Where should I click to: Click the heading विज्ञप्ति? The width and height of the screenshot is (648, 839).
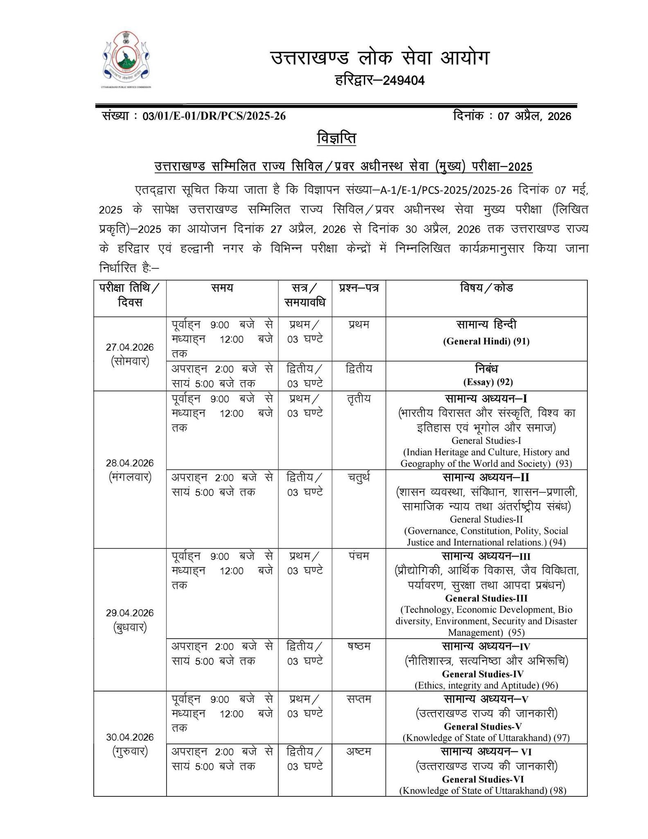pyautogui.click(x=336, y=138)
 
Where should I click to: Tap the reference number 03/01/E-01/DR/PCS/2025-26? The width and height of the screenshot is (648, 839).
pyautogui.click(x=214, y=116)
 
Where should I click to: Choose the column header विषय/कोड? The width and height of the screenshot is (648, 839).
pyautogui.click(x=486, y=288)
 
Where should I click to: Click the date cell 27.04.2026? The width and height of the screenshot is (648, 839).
pyautogui.click(x=130, y=347)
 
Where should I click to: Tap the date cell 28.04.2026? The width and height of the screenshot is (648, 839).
pyautogui.click(x=130, y=463)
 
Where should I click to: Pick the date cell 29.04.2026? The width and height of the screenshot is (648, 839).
pyautogui.click(x=130, y=613)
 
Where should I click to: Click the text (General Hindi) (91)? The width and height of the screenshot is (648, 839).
pyautogui.click(x=486, y=341)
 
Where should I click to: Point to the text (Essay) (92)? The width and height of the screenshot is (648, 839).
pyautogui.click(x=488, y=382)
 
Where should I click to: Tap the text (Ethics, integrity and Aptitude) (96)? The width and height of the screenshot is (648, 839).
pyautogui.click(x=486, y=685)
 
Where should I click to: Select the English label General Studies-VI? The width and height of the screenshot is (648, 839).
pyautogui.click(x=483, y=779)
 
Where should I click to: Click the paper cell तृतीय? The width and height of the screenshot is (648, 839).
pyautogui.click(x=358, y=398)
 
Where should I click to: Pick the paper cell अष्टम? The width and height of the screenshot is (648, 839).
pyautogui.click(x=358, y=751)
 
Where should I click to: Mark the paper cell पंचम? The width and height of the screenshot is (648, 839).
pyautogui.click(x=358, y=556)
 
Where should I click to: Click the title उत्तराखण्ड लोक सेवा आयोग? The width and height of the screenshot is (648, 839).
pyautogui.click(x=379, y=58)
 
